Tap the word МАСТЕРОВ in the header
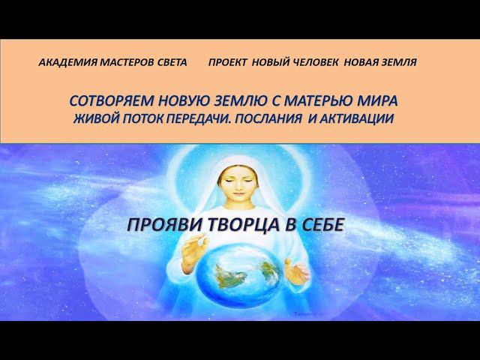coord(124,63)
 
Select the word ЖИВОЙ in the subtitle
coord(94,118)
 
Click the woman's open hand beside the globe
coord(297,270)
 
